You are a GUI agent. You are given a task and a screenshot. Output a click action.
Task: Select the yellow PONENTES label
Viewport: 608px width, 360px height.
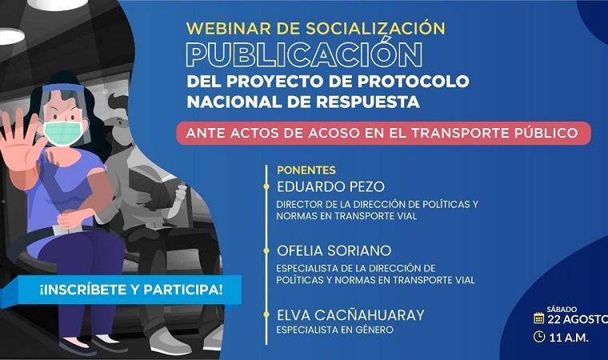pyautogui.click(x=306, y=170)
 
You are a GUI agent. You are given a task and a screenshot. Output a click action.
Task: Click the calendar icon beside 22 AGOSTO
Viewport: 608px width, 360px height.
pyautogui.click(x=539, y=318)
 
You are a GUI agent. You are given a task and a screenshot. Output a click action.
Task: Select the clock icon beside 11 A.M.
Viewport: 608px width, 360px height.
pyautogui.click(x=539, y=337)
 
